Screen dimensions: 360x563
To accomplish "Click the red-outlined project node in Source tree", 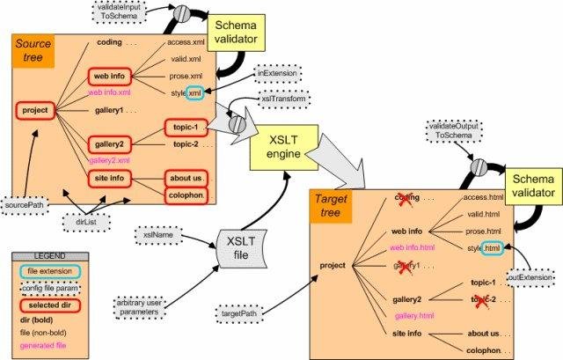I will [36, 112].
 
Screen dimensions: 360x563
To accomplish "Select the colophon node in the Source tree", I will [186, 195].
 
